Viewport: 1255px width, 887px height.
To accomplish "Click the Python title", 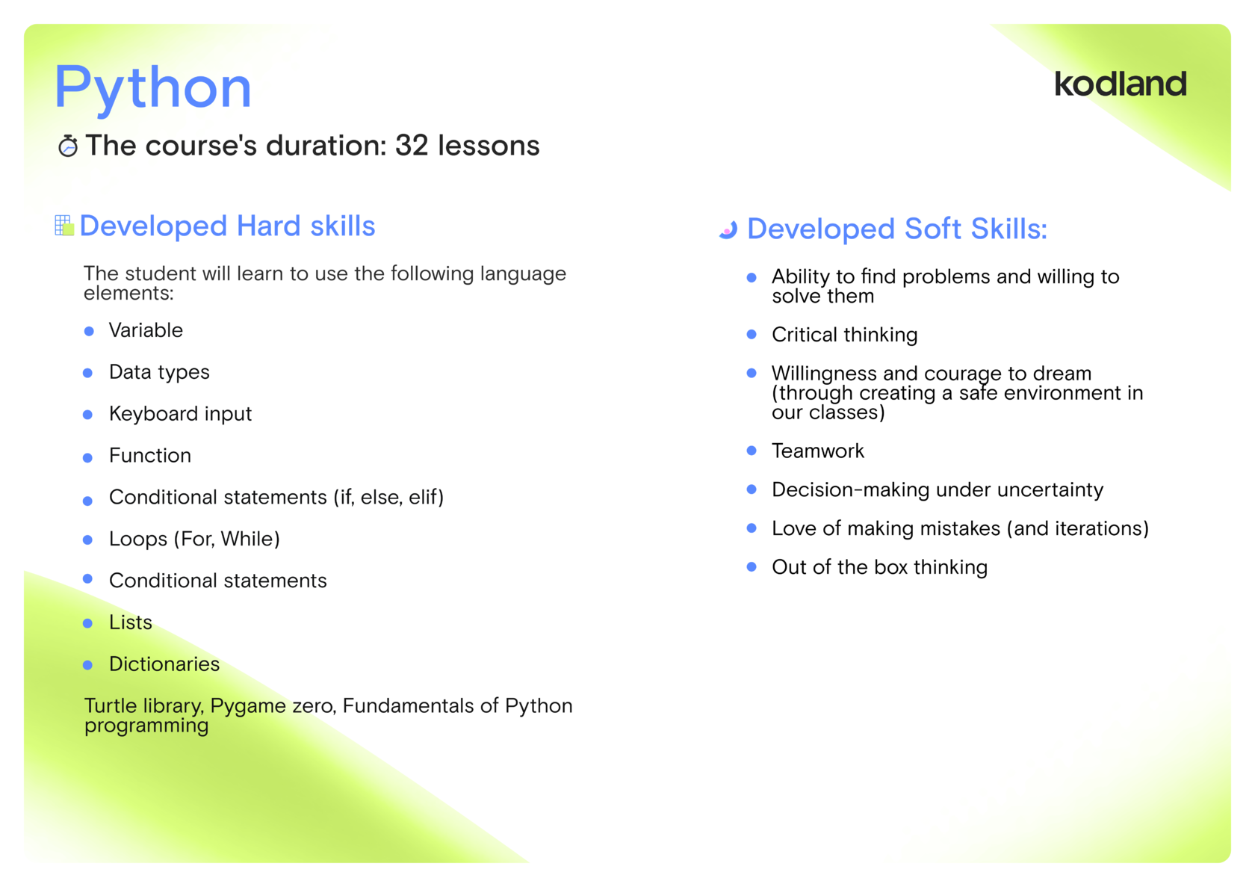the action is tap(152, 87).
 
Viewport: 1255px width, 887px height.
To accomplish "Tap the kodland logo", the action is tap(1121, 84).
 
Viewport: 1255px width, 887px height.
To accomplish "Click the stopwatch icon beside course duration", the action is tap(69, 146).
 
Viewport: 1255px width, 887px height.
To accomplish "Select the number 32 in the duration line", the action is tap(412, 145).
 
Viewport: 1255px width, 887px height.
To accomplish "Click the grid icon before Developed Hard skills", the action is tap(64, 225).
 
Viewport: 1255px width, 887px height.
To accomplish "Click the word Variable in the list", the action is tap(146, 330).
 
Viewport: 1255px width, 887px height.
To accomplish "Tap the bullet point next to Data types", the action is tap(88, 373).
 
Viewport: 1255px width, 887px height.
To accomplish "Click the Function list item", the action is tap(150, 455).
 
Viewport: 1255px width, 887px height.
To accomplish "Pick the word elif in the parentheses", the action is tap(427, 497).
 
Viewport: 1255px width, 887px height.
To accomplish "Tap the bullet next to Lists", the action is tap(88, 623).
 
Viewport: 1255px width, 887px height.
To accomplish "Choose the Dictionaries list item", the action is tap(164, 664).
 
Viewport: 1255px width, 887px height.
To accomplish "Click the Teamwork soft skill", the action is tap(818, 451).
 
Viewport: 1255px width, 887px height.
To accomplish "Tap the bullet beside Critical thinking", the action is tap(752, 335).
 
